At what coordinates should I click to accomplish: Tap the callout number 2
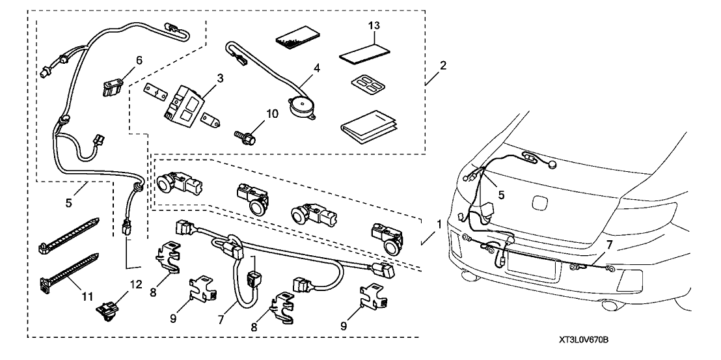tap(442, 65)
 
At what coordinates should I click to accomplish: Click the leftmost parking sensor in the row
tap(176, 186)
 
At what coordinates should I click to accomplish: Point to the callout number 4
tap(317, 66)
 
